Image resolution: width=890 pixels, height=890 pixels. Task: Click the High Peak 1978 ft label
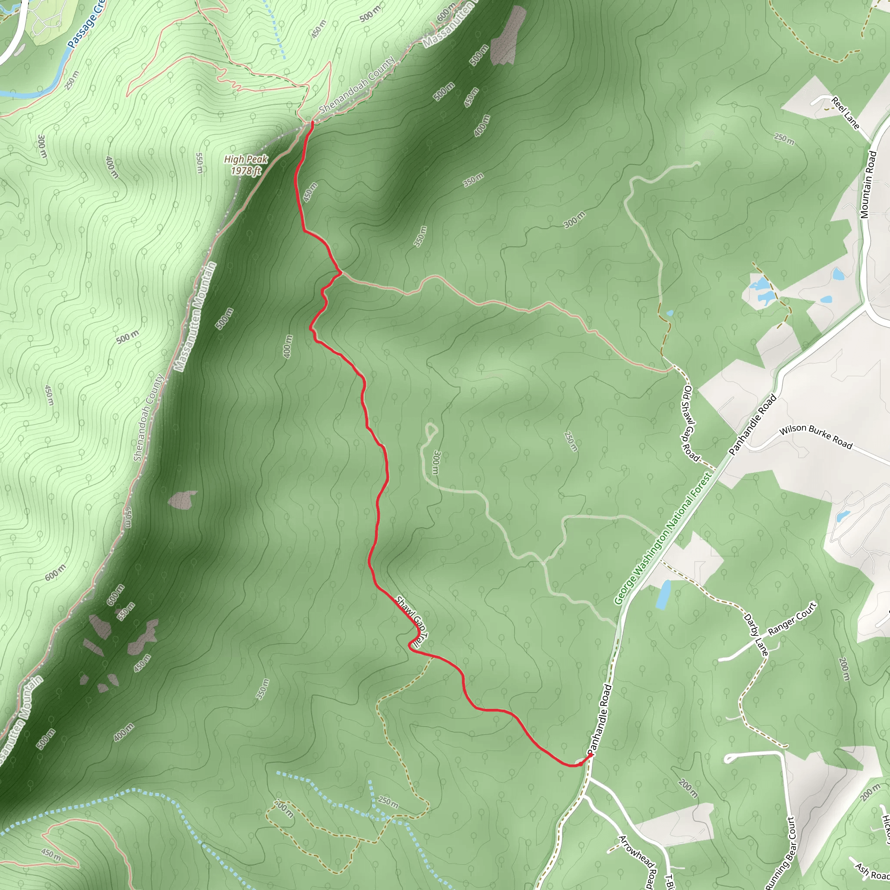point(246,165)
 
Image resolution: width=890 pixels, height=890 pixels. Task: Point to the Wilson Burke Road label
point(816,436)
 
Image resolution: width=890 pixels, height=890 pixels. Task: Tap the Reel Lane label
point(846,113)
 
